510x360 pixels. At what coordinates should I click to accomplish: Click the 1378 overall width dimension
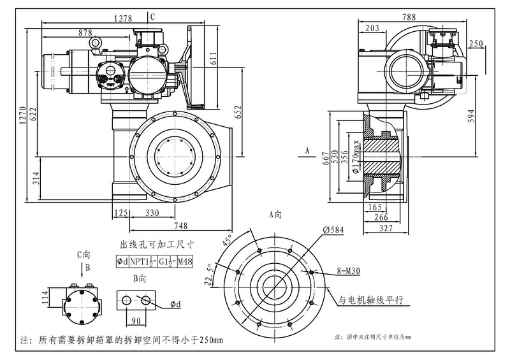[x=123, y=20]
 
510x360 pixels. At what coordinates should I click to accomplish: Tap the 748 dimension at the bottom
[x=180, y=225]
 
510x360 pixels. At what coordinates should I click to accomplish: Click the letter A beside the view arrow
[x=307, y=150]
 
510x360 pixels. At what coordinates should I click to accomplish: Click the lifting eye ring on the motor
[x=96, y=42]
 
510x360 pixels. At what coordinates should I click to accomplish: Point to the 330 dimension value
[x=152, y=213]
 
